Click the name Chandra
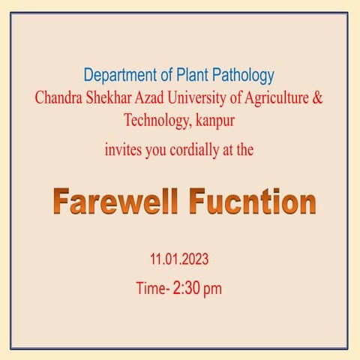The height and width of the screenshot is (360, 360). tap(61, 98)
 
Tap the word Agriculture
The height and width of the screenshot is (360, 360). tap(283, 98)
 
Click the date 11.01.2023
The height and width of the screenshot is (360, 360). tap(178, 260)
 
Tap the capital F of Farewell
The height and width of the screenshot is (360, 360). tap(62, 202)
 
